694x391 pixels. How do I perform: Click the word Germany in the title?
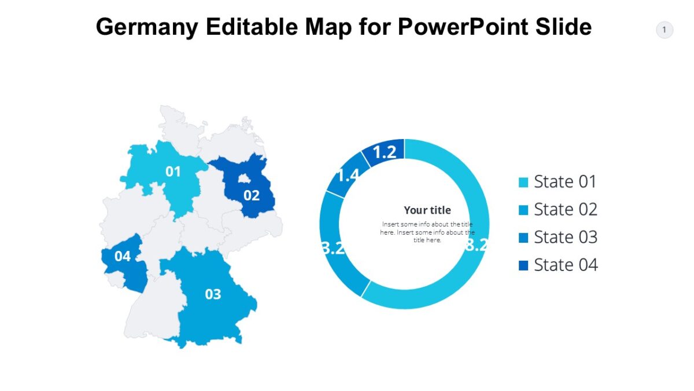[x=146, y=27]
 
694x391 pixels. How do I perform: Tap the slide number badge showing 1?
[x=664, y=30]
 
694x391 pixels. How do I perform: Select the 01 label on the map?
[x=173, y=171]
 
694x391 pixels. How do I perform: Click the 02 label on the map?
[x=252, y=196]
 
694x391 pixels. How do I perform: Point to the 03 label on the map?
[x=213, y=294]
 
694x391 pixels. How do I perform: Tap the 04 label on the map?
[x=123, y=256]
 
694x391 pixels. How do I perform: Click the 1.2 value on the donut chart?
[x=385, y=152]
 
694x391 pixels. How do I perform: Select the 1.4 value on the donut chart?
[x=348, y=174]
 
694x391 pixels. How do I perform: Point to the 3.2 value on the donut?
[x=333, y=248]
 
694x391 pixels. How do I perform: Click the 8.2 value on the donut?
[x=477, y=245]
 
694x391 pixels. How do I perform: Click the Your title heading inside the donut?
[x=427, y=210]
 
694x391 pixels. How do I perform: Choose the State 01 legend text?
[x=565, y=182]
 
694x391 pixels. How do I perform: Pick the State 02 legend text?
[x=565, y=210]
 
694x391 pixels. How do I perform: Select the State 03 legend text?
[x=565, y=237]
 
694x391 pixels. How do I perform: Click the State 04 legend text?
[x=565, y=265]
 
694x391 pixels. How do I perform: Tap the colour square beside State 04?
[x=523, y=266]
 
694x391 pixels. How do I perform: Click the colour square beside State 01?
[x=523, y=182]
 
